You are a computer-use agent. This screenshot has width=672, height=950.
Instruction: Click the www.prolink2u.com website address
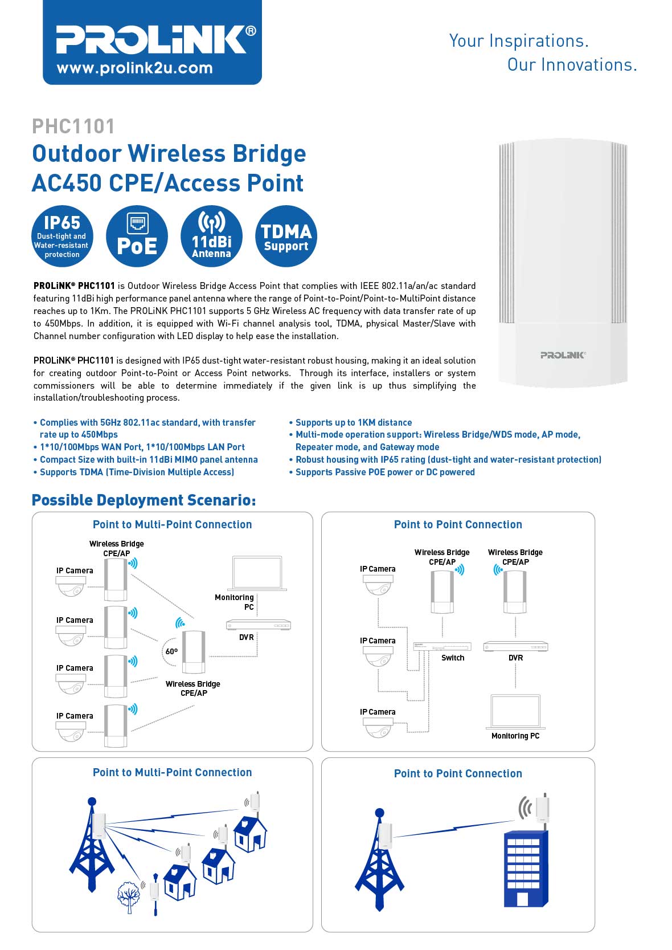point(134,68)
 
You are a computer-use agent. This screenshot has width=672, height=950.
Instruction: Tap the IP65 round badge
point(62,236)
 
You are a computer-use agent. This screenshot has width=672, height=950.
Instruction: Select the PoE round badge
point(137,236)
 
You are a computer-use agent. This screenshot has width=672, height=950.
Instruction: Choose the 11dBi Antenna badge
point(211,236)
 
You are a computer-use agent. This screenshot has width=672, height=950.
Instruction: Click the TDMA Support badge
point(286,236)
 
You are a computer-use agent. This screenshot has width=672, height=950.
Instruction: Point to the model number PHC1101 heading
point(73,126)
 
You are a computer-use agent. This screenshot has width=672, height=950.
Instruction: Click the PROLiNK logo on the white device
point(563,355)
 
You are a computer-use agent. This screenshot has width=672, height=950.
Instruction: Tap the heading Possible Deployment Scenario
point(144,500)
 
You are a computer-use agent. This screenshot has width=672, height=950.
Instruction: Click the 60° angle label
point(171,651)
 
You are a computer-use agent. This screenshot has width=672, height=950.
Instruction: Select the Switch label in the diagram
point(453,658)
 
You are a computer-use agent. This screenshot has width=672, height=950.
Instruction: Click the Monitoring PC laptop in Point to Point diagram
point(515,712)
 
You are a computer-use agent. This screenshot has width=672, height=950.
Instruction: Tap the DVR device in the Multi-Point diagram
point(259,625)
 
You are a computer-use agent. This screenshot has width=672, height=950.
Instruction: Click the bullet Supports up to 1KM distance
point(353,422)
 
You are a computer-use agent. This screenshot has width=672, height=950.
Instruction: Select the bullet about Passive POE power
point(384,472)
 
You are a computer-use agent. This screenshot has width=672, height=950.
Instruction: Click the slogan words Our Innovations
point(572,65)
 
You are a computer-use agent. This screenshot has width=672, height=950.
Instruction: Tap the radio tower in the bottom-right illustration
point(379,861)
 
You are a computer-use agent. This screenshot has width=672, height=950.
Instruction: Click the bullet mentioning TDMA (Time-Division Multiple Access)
point(137,472)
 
